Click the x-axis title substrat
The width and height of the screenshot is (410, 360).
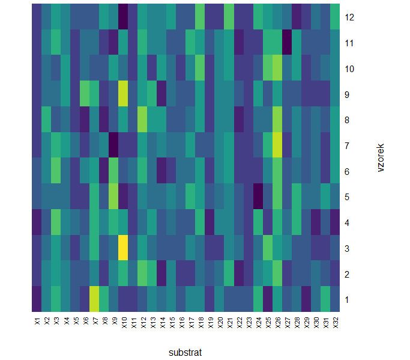pyautogui.click(x=185, y=352)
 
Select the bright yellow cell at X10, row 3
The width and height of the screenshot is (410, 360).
pyautogui.click(x=123, y=248)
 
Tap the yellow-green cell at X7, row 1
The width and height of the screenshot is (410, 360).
pyautogui.click(x=94, y=299)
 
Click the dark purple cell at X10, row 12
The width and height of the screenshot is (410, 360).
pyautogui.click(x=123, y=17)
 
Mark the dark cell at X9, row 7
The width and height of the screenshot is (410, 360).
pyautogui.click(x=113, y=145)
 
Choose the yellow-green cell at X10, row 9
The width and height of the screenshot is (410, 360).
pyautogui.click(x=123, y=94)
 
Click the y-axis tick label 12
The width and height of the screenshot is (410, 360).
pyautogui.click(x=350, y=17)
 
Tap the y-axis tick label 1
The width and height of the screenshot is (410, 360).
pyautogui.click(x=348, y=299)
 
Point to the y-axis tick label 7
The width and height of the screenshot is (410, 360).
pyautogui.click(x=348, y=145)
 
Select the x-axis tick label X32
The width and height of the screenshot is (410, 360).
pyautogui.click(x=335, y=322)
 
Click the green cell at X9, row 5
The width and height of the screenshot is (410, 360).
pyautogui.click(x=113, y=196)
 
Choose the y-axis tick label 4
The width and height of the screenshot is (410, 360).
pyautogui.click(x=348, y=222)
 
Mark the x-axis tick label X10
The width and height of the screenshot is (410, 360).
pyautogui.click(x=123, y=322)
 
